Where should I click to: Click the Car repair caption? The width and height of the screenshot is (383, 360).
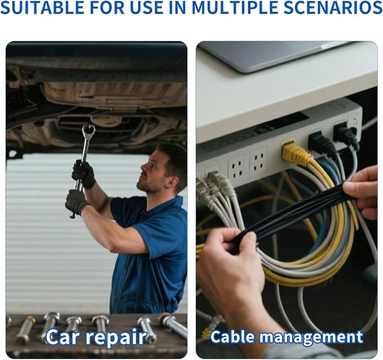coord(95,337)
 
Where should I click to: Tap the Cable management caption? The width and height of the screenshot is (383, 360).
coord(287,337)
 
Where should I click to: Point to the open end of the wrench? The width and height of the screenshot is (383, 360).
coord(88,131)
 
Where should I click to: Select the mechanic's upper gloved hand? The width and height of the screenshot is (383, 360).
coord(83,174)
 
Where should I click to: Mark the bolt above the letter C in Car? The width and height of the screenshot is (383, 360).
coord(51,322)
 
